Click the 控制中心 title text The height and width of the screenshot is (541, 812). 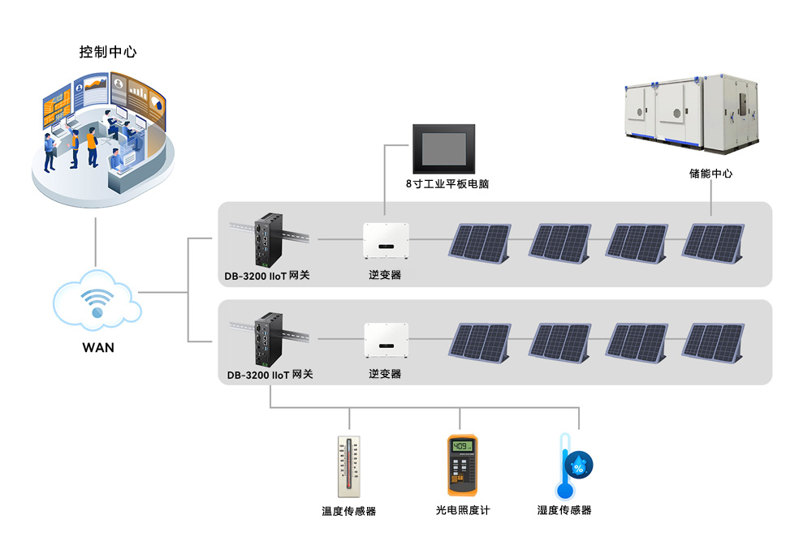(107, 52)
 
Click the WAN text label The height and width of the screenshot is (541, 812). (98, 348)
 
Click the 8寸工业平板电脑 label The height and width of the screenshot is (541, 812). (447, 184)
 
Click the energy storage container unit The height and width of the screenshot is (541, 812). (694, 115)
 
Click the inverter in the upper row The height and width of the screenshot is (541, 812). (385, 239)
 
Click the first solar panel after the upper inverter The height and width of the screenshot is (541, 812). (481, 242)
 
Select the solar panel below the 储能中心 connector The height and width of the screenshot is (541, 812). (714, 242)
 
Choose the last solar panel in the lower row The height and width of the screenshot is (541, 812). (714, 341)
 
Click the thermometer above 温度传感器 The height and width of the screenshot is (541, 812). (349, 466)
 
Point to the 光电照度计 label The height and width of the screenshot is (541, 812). (463, 511)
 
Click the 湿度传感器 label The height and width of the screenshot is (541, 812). (564, 511)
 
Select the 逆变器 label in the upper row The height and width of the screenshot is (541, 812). (385, 275)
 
